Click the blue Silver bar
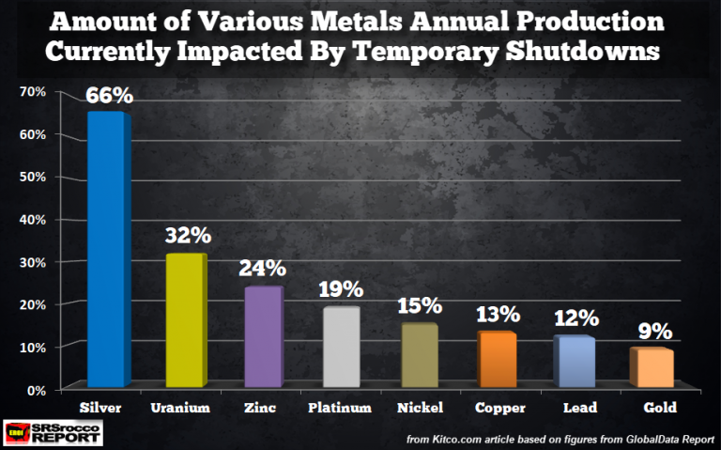[105, 249]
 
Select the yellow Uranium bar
[183, 319]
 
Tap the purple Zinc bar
[262, 336]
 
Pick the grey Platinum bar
[341, 346]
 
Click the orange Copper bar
[498, 359]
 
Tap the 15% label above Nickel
[420, 306]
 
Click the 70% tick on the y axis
[33, 92]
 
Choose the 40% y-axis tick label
[33, 220]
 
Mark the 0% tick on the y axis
[37, 390]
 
